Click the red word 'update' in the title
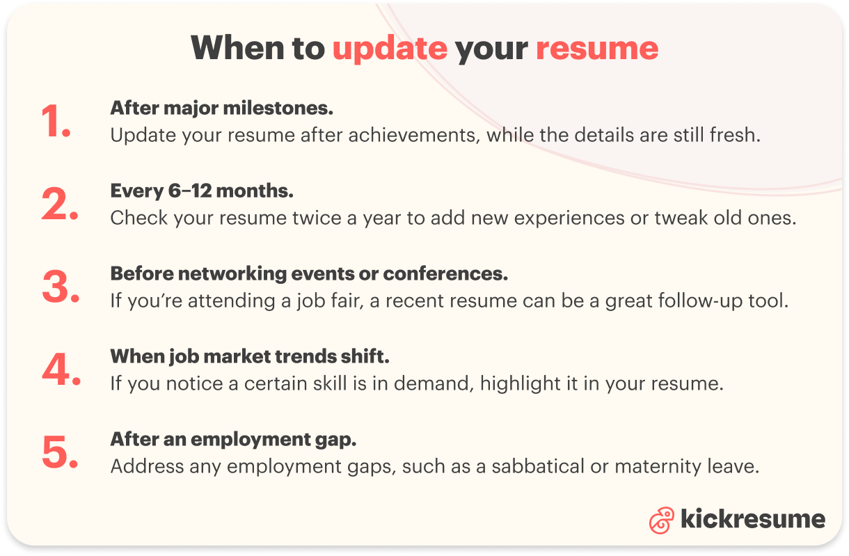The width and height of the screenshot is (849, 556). pos(390,48)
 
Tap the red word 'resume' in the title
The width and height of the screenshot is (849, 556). pos(596,48)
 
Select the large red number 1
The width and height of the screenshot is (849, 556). pos(56,122)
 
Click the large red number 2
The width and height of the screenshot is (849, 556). pos(60,205)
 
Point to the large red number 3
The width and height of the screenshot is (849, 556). pos(61,288)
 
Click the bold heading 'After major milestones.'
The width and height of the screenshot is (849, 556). pos(222,108)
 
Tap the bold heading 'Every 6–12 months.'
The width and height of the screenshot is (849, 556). pos(202,191)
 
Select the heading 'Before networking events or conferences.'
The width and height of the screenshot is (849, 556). pos(309,273)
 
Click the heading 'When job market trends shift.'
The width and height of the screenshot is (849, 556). pos(249,356)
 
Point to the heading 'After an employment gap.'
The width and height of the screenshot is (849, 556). pos(233,439)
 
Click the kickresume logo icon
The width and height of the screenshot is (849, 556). pos(662,520)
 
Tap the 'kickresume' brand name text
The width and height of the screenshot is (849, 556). pos(752,519)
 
